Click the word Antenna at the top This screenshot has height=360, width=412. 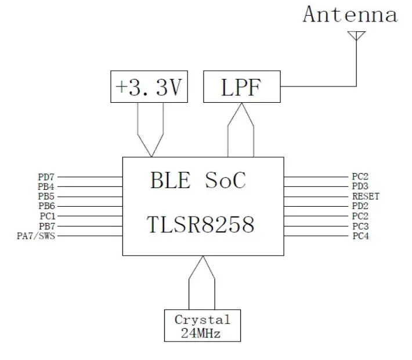pos(350,15)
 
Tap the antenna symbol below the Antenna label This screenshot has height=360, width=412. pos(355,37)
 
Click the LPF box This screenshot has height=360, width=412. pos(241,88)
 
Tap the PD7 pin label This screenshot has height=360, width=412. pos(46,177)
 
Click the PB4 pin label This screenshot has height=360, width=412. pos(46,186)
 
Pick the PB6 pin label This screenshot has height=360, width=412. pos(46,206)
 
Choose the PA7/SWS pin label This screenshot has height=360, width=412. pos(37,236)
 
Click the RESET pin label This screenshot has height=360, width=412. pos(366,196)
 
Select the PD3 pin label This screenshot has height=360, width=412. pos(360,186)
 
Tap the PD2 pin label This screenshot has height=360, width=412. pos(360,206)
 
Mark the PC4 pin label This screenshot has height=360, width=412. pos(360,236)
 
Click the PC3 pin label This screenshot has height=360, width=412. pos(360,226)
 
